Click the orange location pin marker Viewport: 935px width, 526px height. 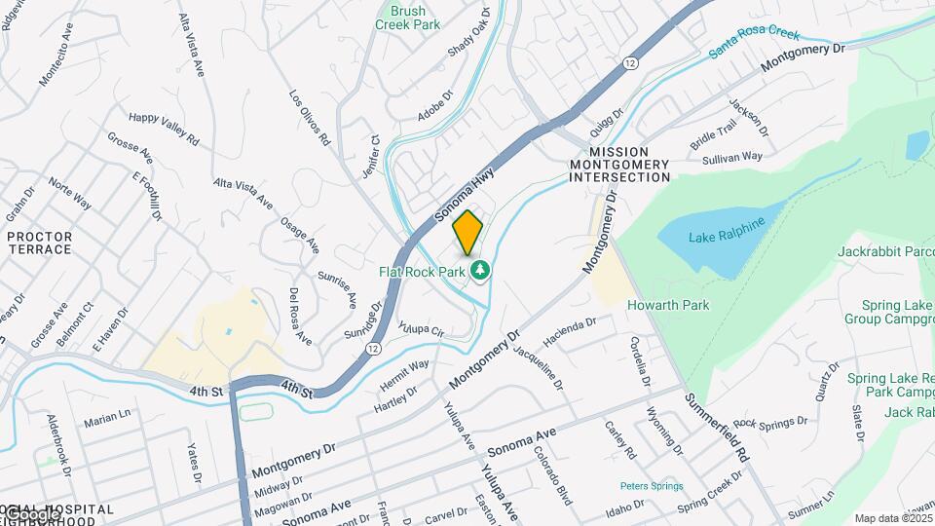tap(467, 232)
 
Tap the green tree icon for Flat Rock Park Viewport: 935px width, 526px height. tap(478, 270)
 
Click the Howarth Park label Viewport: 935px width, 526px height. tap(668, 305)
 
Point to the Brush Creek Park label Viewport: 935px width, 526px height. tap(407, 18)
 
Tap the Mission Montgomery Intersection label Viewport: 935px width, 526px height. tap(619, 165)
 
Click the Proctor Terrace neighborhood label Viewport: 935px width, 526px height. tap(40, 244)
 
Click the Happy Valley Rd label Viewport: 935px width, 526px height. tap(164, 128)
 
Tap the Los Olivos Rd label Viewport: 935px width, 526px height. tap(311, 118)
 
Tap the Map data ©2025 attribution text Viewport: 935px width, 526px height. tap(893, 518)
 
